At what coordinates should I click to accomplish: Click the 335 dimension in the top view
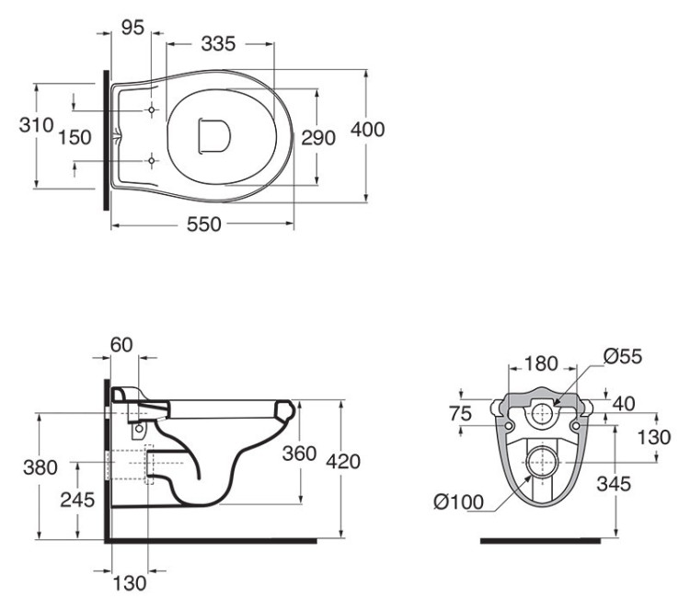coord(218,43)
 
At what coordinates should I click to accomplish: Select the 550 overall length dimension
coord(203,224)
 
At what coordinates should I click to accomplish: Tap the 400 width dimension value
coord(367,130)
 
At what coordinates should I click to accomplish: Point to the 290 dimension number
coord(318,138)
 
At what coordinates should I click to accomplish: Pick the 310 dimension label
coord(36,125)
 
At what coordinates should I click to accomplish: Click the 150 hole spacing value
coord(75,137)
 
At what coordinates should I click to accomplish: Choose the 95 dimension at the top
coord(132,28)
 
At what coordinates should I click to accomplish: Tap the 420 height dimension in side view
coord(343,462)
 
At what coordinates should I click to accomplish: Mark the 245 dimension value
coord(77,500)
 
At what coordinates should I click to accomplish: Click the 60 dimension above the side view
coord(121,345)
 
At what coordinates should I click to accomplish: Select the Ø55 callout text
coord(623,356)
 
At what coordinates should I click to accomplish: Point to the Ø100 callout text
coord(458,501)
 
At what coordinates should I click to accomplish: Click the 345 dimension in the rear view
coord(614,484)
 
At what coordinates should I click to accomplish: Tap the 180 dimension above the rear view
coord(541,363)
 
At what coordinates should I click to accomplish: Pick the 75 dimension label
coord(460,414)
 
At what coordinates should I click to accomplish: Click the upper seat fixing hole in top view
coord(152,109)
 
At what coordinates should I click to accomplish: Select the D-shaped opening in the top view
coord(214,136)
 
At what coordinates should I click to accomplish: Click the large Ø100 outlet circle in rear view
coord(542,462)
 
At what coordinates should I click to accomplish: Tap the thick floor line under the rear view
coord(540,541)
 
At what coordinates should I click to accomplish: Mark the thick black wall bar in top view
coord(106,140)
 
